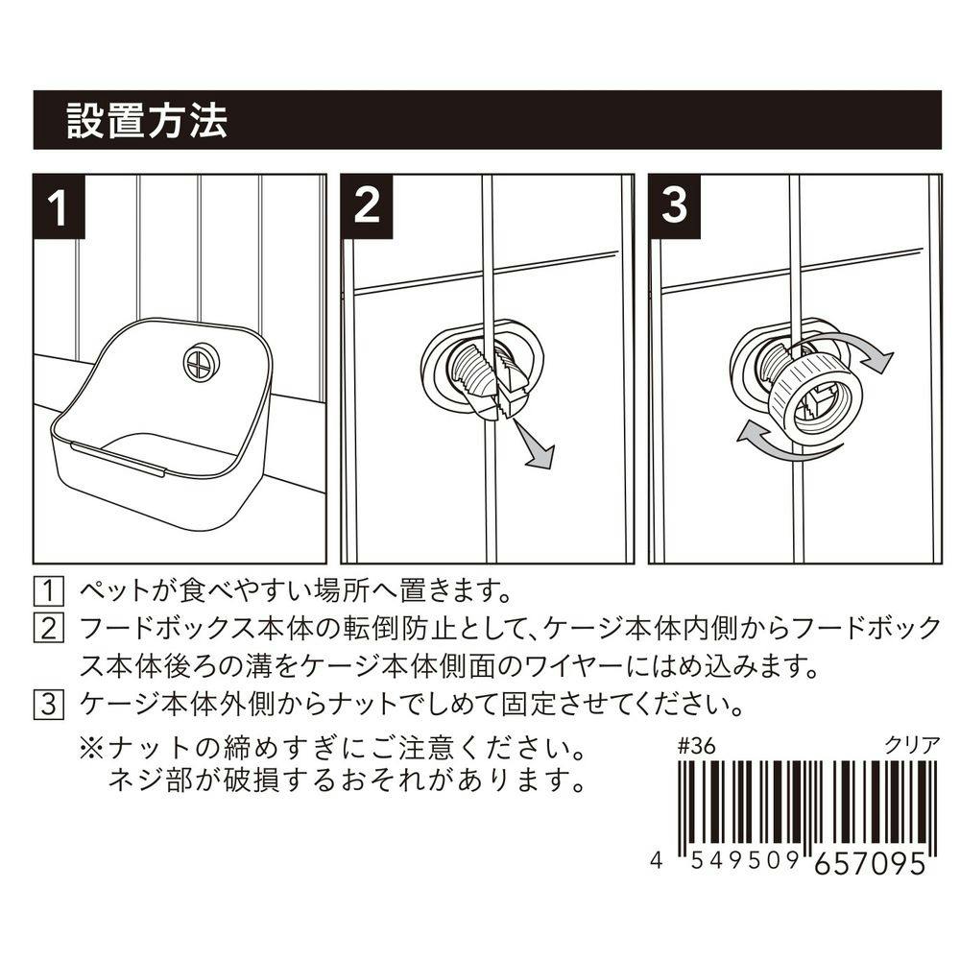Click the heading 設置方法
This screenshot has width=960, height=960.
(147, 121)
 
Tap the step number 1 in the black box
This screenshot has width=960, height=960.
(60, 206)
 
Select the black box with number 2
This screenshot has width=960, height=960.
(367, 206)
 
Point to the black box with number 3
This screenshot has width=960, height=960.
(674, 206)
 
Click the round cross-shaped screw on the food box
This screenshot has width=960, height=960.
(200, 362)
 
